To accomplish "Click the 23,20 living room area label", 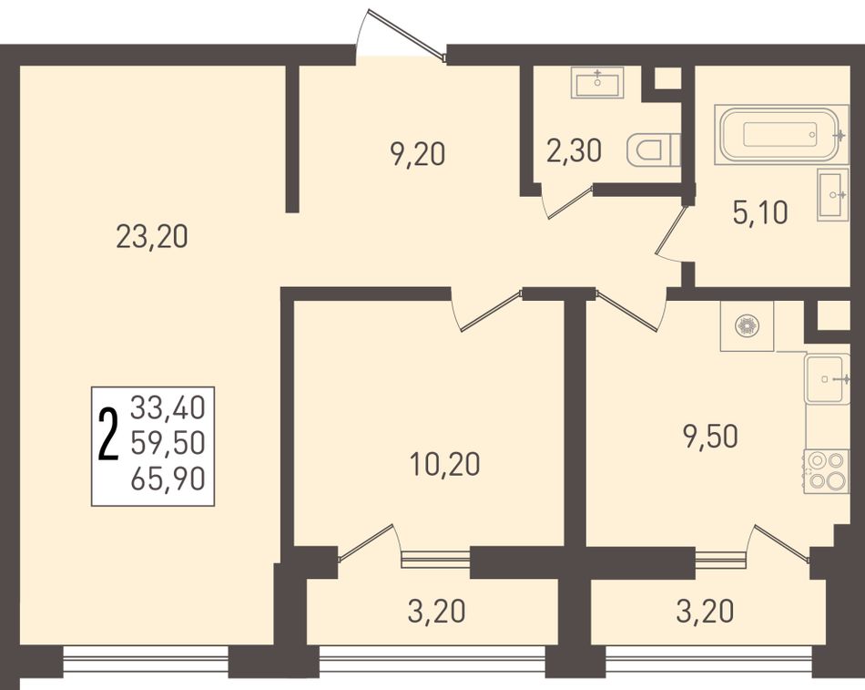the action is (152, 237).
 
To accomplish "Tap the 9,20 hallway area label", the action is (417, 155).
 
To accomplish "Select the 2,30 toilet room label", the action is (574, 150).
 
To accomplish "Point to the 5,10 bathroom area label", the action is (760, 212).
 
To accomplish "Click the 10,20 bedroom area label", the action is (445, 464).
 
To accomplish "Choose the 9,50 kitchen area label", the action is (710, 438).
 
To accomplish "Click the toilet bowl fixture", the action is (654, 149).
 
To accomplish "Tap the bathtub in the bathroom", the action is (780, 134).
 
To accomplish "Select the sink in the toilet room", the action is (597, 83).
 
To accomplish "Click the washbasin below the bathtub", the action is (832, 194).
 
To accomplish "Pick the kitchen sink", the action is (826, 379).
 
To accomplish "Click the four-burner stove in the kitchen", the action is (827, 471).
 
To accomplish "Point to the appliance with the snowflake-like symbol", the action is (747, 326).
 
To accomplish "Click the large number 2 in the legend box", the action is (108, 434).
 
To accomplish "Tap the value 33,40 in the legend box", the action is (168, 408).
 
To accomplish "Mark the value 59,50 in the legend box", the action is (168, 444).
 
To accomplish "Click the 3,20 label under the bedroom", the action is (436, 612).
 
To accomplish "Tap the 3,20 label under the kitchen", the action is (705, 612).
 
